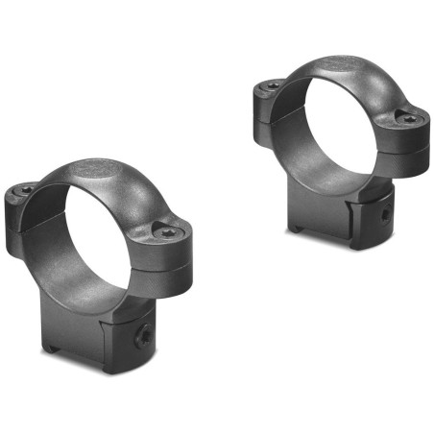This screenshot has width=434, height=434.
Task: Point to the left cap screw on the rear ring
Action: pos(273,85)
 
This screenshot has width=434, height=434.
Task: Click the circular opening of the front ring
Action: pos(96,240)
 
